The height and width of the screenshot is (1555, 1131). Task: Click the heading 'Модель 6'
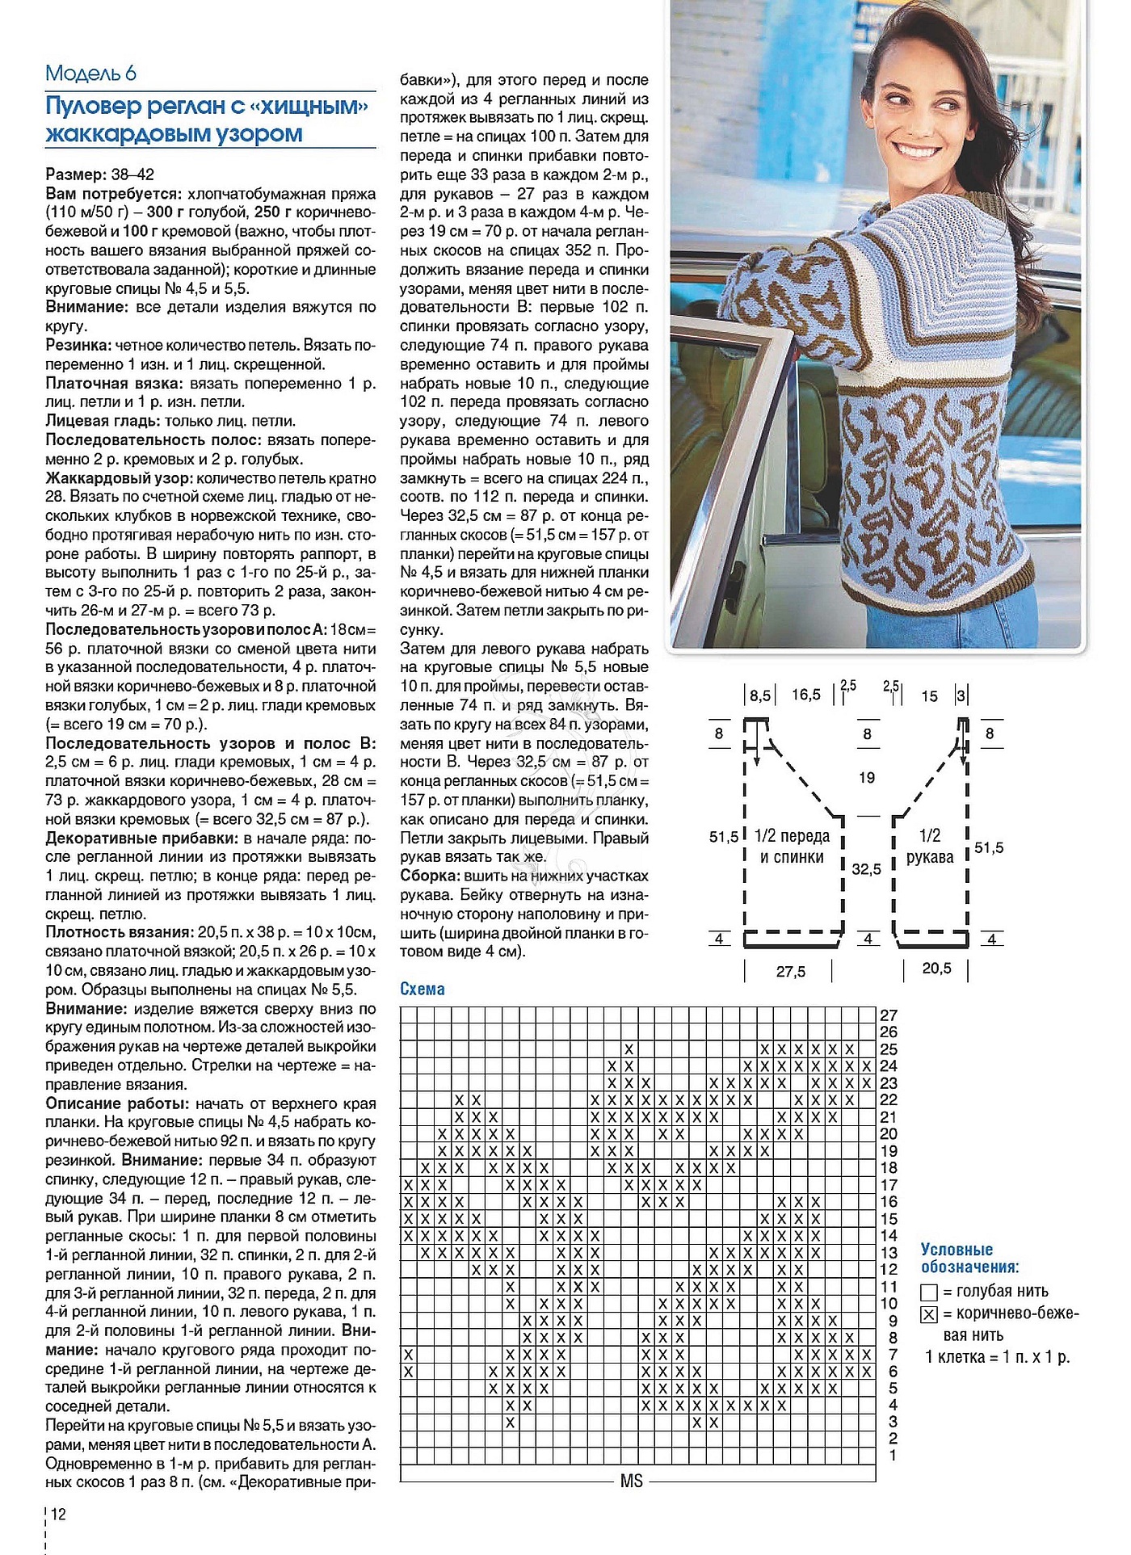[90, 74]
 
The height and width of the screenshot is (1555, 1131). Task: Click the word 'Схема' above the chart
[423, 990]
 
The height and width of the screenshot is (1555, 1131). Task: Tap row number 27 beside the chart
[889, 1015]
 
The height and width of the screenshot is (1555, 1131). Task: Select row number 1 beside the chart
[893, 1455]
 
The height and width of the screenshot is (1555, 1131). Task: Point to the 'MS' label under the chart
[632, 1481]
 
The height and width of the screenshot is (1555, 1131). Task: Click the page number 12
[58, 1515]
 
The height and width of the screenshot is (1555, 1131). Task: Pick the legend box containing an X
[929, 1314]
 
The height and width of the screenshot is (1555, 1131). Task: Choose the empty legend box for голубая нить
[929, 1292]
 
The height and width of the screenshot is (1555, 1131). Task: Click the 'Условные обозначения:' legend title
[969, 1259]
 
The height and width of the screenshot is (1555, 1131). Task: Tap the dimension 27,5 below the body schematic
[791, 972]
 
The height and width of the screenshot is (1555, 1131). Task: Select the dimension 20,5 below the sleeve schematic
[937, 968]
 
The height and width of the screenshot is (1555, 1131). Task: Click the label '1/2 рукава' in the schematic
[930, 846]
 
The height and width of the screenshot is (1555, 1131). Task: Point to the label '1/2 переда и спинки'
[792, 846]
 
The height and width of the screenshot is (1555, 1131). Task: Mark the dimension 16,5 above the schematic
[806, 695]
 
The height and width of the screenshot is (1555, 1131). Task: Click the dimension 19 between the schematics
[867, 778]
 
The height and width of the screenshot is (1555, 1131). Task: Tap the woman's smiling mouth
[918, 152]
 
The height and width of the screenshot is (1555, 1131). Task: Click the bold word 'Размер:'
[76, 174]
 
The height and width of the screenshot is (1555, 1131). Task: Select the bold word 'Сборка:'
[430, 876]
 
